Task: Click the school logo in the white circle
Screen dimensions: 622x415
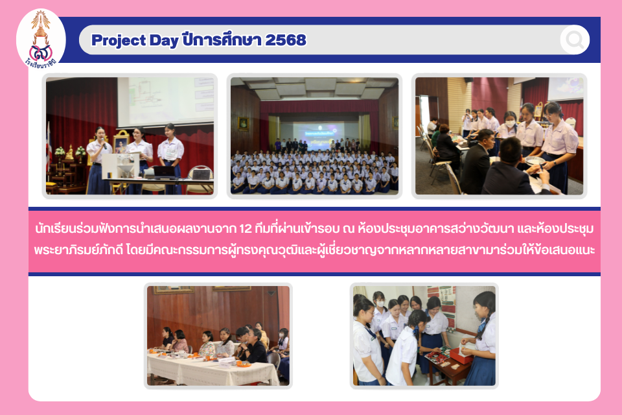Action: [40, 40]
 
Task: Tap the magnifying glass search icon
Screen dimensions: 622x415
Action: [575, 40]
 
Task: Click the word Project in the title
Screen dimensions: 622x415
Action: [119, 40]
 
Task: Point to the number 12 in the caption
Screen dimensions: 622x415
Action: [246, 229]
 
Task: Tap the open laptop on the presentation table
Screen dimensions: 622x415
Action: [164, 172]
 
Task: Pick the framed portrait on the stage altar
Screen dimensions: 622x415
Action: [121, 143]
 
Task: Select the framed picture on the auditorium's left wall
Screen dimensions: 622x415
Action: [243, 124]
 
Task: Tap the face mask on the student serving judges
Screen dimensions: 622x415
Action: [510, 123]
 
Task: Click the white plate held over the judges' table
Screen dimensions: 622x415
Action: [535, 161]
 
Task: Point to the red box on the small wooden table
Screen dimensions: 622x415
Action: [461, 355]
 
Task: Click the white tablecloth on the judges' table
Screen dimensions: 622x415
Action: [213, 368]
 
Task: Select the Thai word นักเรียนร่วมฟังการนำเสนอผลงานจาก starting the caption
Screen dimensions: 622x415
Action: [135, 229]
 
